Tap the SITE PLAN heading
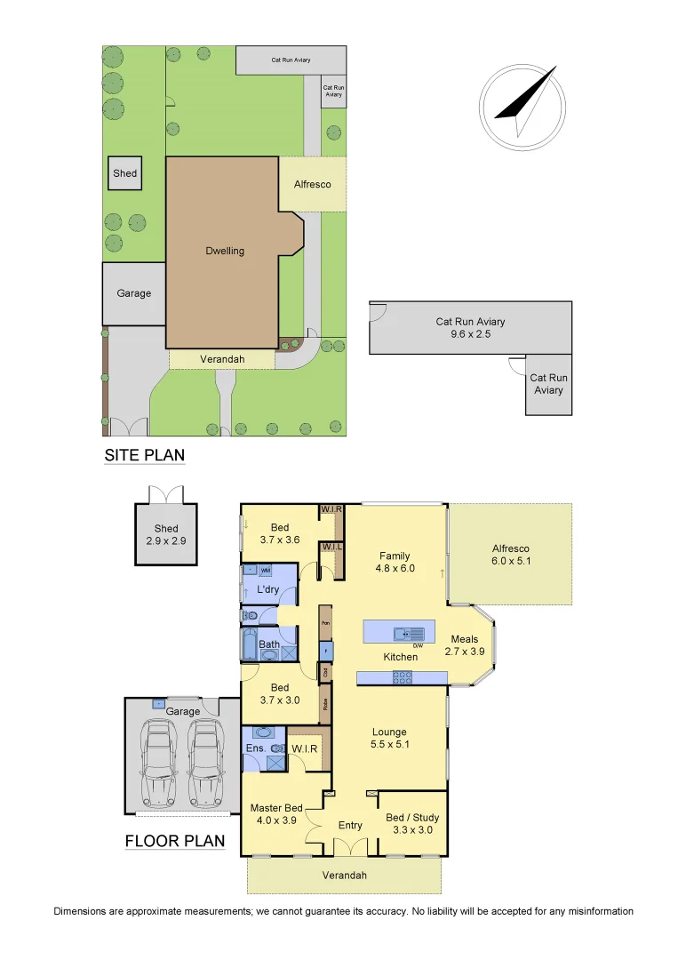click(x=145, y=456)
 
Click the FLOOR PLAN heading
click(x=174, y=841)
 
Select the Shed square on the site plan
click(x=125, y=173)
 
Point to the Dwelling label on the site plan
click(x=224, y=251)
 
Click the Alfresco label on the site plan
click(x=313, y=185)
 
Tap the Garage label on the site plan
click(x=133, y=293)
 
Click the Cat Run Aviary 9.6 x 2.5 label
click(x=470, y=328)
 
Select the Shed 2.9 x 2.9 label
click(x=166, y=534)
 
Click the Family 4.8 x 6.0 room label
click(x=395, y=562)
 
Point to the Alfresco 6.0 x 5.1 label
click(x=510, y=555)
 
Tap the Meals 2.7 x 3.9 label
click(x=465, y=644)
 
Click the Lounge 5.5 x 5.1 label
click(x=390, y=738)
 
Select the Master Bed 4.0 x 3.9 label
click(x=276, y=813)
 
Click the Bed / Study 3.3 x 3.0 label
click(x=412, y=823)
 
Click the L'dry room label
click(x=269, y=590)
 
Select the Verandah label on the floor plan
click(x=344, y=876)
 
